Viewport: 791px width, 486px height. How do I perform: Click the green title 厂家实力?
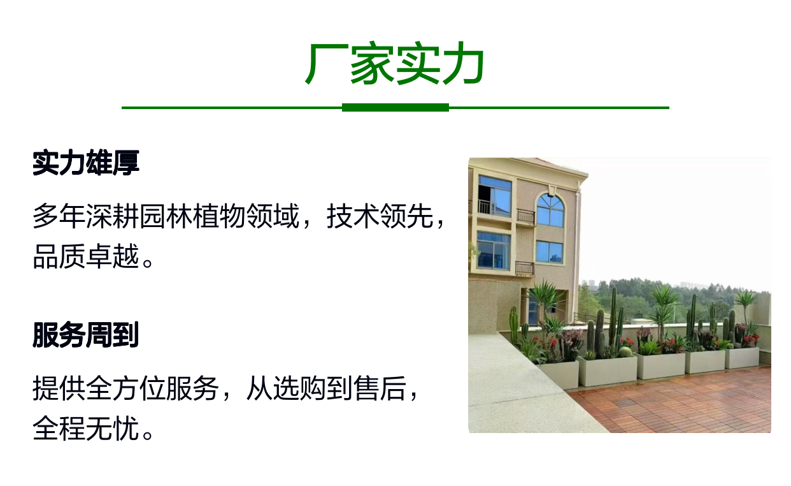(395, 64)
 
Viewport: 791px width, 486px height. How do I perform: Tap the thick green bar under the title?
(396, 108)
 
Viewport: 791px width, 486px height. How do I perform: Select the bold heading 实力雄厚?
(86, 163)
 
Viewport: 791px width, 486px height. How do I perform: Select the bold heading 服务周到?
(85, 335)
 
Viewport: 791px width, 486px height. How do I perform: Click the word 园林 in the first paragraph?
(166, 216)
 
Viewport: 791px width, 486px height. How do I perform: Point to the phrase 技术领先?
(380, 216)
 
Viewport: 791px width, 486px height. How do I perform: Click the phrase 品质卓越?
(86, 256)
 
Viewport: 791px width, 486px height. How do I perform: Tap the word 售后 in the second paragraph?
(380, 388)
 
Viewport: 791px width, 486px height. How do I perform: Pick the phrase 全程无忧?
(86, 428)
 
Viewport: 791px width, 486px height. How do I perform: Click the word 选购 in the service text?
(300, 388)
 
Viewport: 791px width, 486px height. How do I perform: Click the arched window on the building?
(550, 210)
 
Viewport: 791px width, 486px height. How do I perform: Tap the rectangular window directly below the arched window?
(550, 252)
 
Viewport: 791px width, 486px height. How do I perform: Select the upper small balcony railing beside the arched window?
(526, 216)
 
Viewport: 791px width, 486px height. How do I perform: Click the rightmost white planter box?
(742, 358)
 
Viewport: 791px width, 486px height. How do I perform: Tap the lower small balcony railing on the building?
(525, 268)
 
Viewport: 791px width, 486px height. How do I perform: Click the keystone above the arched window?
(551, 191)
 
